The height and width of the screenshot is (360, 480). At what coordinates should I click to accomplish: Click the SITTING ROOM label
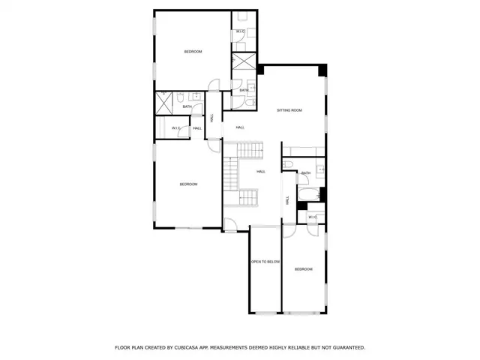click(289, 110)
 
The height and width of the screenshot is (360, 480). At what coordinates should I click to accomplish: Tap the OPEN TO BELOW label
click(265, 262)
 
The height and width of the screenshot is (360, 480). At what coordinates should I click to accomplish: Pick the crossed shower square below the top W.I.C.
click(244, 61)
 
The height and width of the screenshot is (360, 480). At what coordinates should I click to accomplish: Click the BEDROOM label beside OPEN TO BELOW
click(303, 268)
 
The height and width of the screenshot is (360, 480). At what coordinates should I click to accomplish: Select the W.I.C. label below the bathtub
click(312, 217)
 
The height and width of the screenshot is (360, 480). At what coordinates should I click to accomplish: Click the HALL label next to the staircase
click(261, 172)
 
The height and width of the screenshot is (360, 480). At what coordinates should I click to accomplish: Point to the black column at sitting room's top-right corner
click(323, 70)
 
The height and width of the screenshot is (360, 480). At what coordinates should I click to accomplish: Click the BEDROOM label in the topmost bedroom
click(193, 51)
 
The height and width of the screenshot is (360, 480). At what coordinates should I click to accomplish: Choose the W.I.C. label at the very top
click(241, 31)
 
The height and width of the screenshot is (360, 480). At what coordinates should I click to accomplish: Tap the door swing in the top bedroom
click(213, 84)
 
